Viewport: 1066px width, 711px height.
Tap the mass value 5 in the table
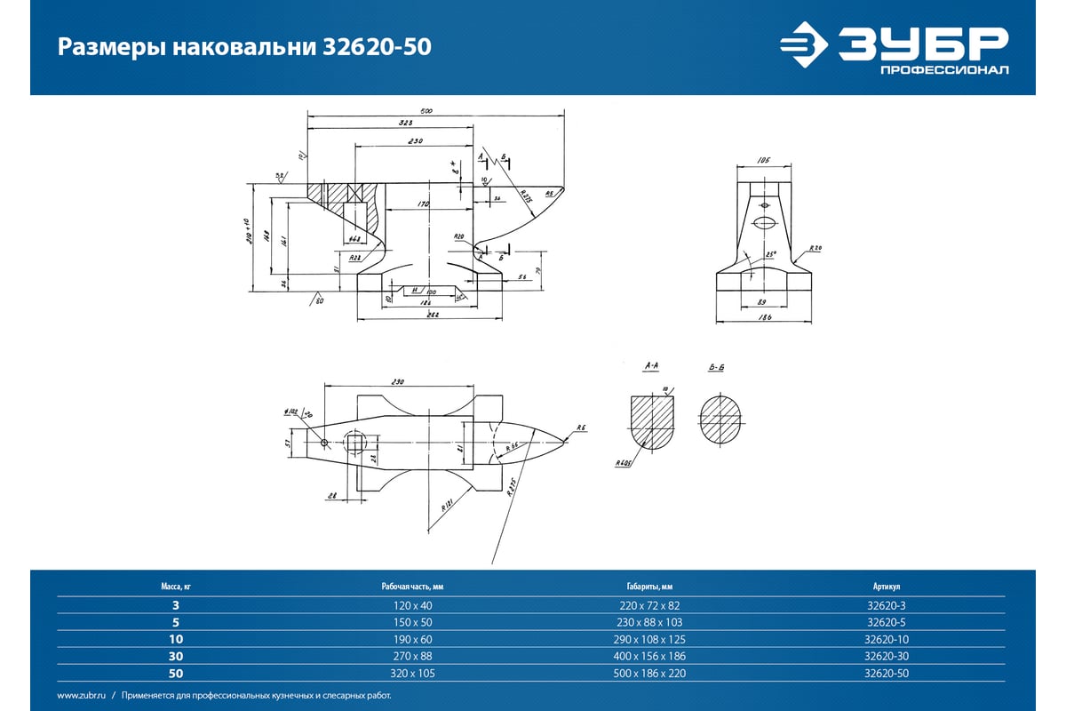coord(175,622)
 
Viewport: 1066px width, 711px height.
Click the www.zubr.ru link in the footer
coord(82,696)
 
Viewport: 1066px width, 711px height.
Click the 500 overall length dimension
coord(426,110)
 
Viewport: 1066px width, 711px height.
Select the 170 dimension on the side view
coord(424,205)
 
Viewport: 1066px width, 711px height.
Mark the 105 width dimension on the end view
coord(762,161)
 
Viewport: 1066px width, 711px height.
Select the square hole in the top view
coord(354,443)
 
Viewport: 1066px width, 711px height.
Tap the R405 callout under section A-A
coord(621,463)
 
